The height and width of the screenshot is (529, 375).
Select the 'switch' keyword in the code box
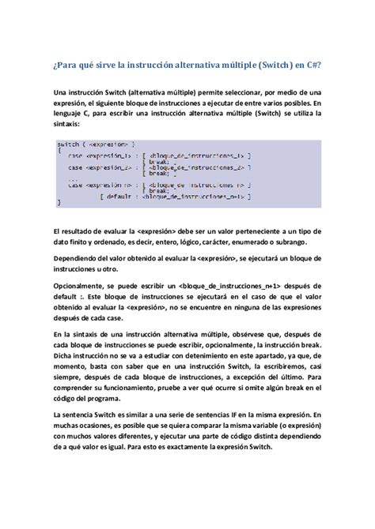70,144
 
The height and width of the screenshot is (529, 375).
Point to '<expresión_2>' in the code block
111,168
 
